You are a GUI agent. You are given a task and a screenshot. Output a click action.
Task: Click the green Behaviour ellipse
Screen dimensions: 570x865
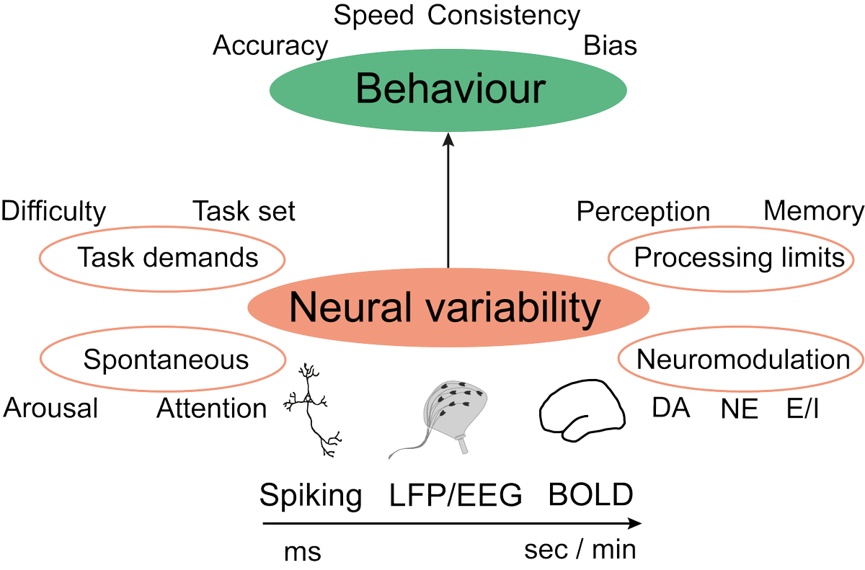pos(448,91)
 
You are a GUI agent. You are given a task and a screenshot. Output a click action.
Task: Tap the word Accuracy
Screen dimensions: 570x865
pos(270,46)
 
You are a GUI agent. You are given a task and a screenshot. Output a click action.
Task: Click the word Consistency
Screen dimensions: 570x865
pos(504,15)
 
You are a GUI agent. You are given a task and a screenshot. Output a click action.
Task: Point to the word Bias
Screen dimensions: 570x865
pos(611,46)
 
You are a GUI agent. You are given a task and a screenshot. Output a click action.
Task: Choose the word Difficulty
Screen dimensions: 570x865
pos(53,212)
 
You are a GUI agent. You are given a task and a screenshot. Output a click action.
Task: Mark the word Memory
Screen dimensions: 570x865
pos(814,211)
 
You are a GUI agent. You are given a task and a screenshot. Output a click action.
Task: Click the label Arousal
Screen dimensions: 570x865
pos(50,409)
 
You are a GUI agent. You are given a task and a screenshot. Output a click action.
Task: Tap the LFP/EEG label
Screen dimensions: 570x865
pos(455,496)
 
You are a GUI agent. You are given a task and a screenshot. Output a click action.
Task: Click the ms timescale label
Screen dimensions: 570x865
pos(302,552)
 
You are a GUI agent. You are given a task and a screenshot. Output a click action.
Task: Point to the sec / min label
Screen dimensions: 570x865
pos(580,551)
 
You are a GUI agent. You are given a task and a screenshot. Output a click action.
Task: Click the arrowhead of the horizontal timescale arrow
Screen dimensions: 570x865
pos(634,524)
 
